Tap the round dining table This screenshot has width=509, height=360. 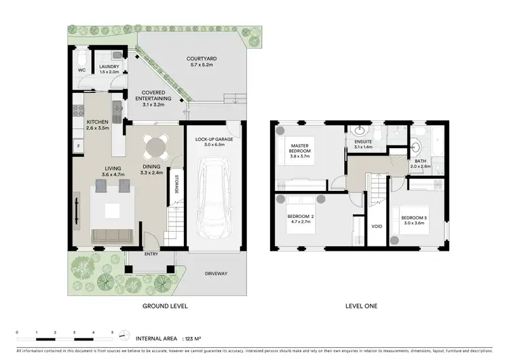coord(153,146)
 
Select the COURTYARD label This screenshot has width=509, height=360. coord(201,59)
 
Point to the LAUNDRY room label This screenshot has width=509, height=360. coord(109,67)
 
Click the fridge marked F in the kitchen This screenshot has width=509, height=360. coord(78,145)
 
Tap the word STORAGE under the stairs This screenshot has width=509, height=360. coord(176,184)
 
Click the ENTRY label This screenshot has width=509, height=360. coord(151,255)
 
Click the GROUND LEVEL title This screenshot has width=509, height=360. coord(164,306)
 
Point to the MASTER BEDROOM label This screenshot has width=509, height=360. coord(300,149)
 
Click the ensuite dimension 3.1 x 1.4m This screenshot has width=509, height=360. coord(359,147)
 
